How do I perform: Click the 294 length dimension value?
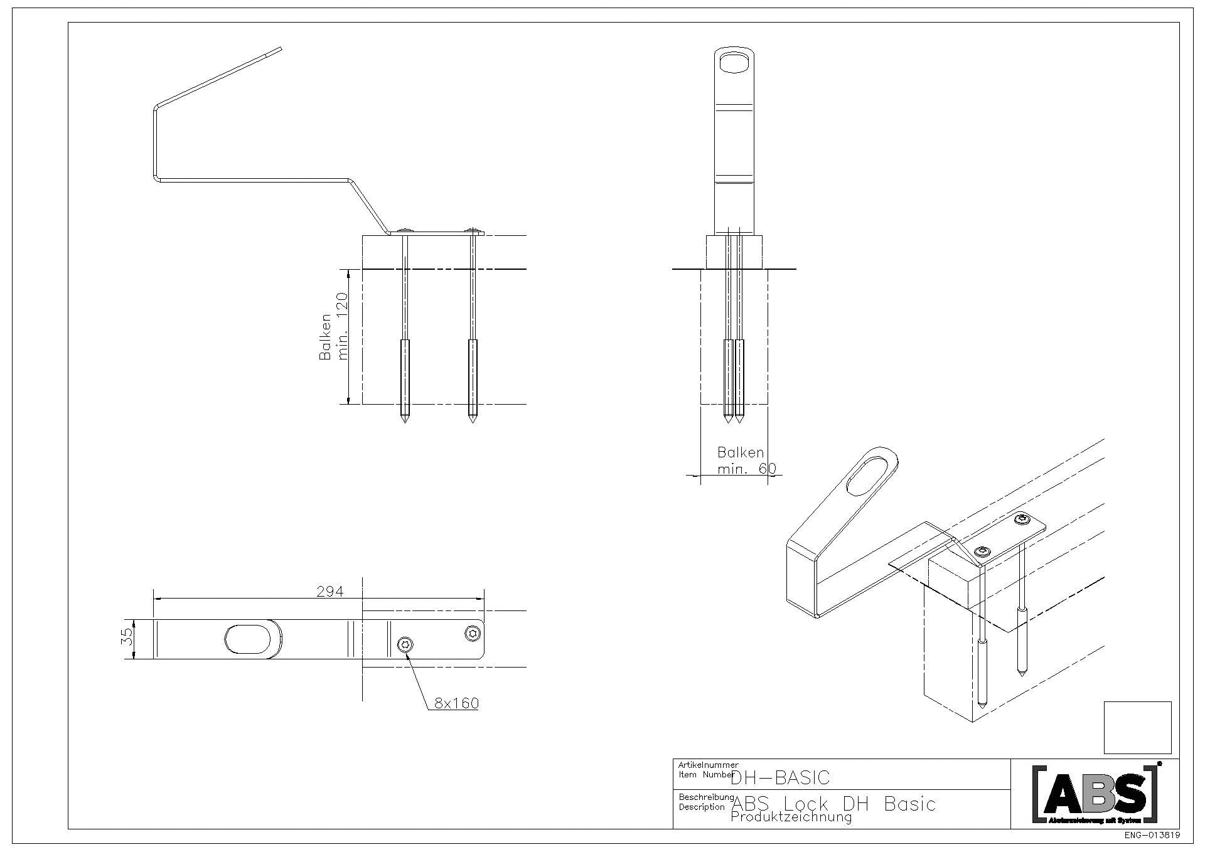[x=330, y=591]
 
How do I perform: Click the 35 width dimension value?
[x=127, y=637]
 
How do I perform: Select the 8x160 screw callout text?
[x=456, y=703]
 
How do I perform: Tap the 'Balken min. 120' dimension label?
[x=334, y=336]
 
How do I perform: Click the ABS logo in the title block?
[x=1095, y=793]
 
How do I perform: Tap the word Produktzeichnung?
[x=791, y=817]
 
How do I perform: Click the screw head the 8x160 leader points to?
[x=406, y=644]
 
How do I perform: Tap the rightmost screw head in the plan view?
[x=473, y=633]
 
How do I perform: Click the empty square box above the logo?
[x=1137, y=727]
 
